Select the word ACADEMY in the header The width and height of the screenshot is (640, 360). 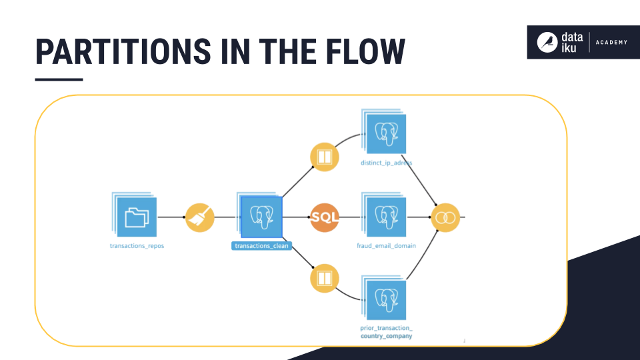[x=611, y=43]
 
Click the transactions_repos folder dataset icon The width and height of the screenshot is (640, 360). [x=137, y=217]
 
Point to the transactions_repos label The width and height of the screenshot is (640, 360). [x=137, y=246]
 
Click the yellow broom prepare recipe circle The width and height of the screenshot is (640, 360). [x=199, y=217]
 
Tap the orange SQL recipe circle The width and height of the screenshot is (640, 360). [x=325, y=217]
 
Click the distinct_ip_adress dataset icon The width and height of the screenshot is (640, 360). [x=387, y=136]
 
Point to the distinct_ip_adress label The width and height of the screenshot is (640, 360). [x=386, y=162]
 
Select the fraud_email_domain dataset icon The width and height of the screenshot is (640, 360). [x=387, y=217]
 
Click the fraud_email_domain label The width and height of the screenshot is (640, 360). [x=386, y=246]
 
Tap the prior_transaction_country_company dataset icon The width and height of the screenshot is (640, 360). [x=387, y=300]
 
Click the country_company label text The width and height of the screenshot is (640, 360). [x=386, y=336]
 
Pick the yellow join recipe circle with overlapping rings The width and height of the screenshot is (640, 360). [x=445, y=217]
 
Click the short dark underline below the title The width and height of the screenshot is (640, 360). [x=59, y=79]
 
